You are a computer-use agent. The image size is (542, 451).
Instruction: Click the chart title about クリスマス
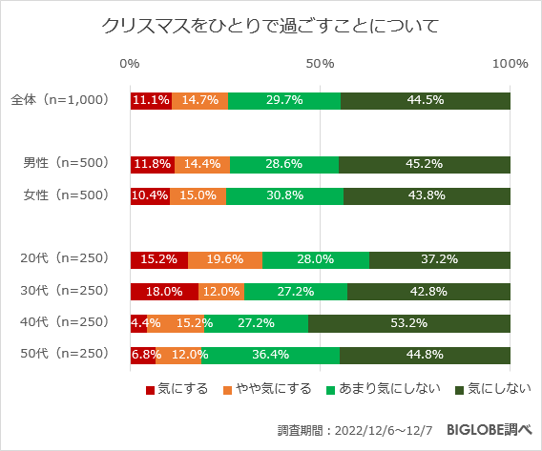[271, 25]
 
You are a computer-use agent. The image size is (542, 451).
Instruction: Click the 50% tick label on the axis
[320, 64]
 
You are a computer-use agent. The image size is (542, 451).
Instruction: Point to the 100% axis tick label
[510, 64]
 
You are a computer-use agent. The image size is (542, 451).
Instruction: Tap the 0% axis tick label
[130, 64]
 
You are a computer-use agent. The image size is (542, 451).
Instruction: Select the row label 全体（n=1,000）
[60, 100]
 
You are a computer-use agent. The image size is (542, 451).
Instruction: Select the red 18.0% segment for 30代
[164, 292]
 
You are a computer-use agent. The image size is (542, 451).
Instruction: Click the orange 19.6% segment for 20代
[225, 259]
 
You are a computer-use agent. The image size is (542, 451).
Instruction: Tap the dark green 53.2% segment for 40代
[409, 323]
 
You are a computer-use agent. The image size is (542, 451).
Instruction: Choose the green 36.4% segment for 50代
[270, 356]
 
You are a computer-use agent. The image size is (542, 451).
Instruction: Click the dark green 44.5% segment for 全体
[426, 100]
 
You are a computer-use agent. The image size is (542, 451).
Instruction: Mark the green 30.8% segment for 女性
[284, 195]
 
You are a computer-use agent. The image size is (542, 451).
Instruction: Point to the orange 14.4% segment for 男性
[202, 163]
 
